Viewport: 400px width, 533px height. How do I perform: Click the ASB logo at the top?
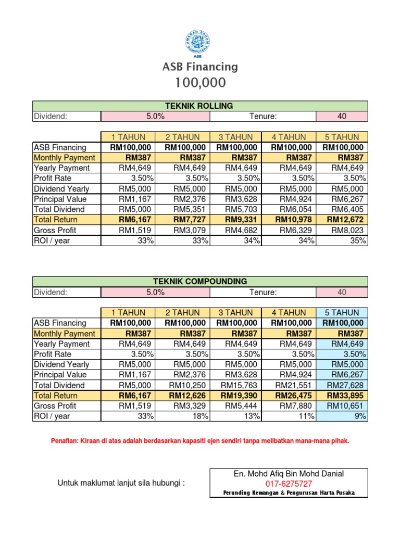(x=199, y=43)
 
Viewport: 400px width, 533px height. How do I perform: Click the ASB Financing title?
(x=200, y=67)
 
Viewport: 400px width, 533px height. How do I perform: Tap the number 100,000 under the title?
(x=200, y=83)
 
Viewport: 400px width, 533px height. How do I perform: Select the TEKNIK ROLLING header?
(x=200, y=106)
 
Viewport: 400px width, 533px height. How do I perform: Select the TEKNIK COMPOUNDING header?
(x=200, y=282)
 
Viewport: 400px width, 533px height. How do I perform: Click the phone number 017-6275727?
(x=289, y=484)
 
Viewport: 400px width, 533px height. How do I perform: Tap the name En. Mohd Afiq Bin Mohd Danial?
(x=289, y=474)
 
